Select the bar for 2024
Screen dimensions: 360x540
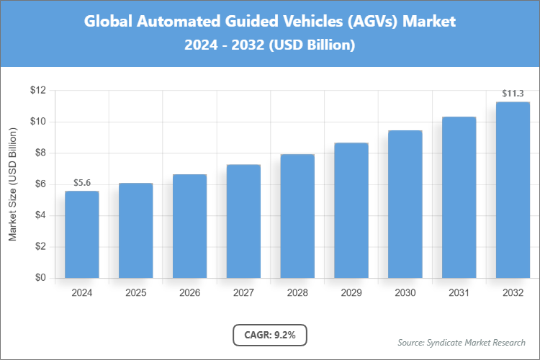[x=81, y=234]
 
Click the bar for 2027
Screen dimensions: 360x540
[x=243, y=221]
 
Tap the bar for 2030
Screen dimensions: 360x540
[x=405, y=204]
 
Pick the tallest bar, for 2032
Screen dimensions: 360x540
[x=513, y=189]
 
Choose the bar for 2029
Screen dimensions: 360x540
[x=351, y=210]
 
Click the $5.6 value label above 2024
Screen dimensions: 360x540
[x=81, y=183]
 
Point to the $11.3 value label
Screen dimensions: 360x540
[x=513, y=94]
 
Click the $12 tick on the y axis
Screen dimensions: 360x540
[x=37, y=91]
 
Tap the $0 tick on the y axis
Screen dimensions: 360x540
[x=40, y=278]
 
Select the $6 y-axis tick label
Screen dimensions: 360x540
[x=40, y=184]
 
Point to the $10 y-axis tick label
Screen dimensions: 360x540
[x=37, y=122]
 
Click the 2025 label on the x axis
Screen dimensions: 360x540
[x=135, y=293]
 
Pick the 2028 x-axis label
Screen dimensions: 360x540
[x=297, y=293]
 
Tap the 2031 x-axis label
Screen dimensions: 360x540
[x=459, y=293]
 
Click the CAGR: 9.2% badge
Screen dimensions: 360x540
[x=270, y=335]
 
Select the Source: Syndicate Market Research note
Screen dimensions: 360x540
[x=462, y=342]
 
